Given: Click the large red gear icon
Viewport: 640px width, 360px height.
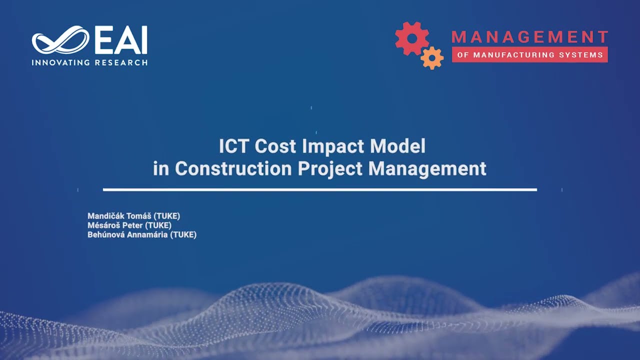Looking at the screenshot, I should pos(411,38).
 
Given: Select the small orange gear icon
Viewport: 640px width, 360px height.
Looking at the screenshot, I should pos(432,57).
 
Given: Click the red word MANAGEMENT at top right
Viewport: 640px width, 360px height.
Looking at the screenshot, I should pos(529,37).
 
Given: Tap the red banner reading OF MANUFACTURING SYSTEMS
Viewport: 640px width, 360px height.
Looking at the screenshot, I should pos(529,55).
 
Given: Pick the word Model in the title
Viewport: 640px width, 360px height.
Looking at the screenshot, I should pos(398,146).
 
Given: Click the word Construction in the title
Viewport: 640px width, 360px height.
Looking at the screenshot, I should pos(233,168).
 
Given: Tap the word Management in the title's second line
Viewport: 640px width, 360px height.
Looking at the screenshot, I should pos(427,168).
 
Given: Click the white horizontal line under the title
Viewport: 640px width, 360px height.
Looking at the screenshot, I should pos(320,190).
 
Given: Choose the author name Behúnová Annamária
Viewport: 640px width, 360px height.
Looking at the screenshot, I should pos(127,234).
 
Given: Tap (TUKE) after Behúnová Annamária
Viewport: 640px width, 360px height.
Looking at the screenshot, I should pos(183,234).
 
